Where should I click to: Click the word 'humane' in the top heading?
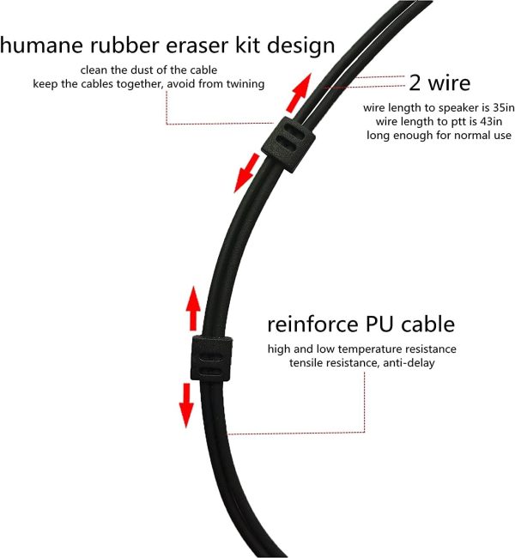coord(41,45)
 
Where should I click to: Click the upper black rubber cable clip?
coord(288,144)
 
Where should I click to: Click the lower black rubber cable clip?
coord(212,358)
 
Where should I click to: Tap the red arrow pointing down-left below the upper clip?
coord(246,173)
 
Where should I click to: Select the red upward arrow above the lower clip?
coord(193,308)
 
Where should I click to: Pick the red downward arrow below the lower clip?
coord(186,405)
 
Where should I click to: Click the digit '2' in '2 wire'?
coord(415,82)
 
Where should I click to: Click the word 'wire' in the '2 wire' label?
coord(450,82)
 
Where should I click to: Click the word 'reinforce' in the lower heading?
coord(312,324)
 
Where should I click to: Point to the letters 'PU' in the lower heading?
coord(379,324)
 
